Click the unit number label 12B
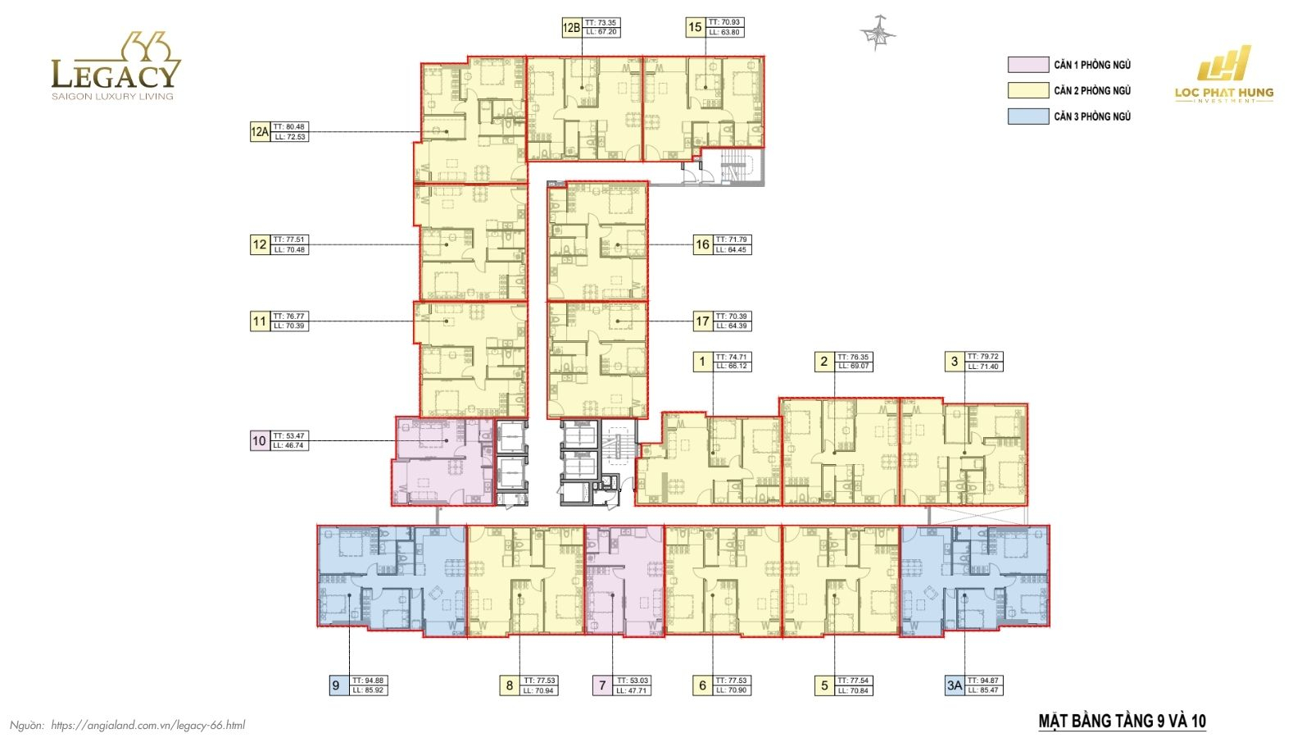570,27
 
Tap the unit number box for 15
695,27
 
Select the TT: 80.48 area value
289,127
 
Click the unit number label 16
702,244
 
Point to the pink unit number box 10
259,441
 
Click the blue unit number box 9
336,686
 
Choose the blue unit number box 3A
954,686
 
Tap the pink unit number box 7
602,686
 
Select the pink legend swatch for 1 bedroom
1027,65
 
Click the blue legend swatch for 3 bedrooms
1027,116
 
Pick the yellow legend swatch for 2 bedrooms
1027,90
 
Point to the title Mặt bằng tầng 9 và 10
1122,722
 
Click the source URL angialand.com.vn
147,725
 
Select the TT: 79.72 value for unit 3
982,357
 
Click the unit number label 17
702,321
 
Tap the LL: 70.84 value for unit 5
854,690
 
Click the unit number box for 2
824,362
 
